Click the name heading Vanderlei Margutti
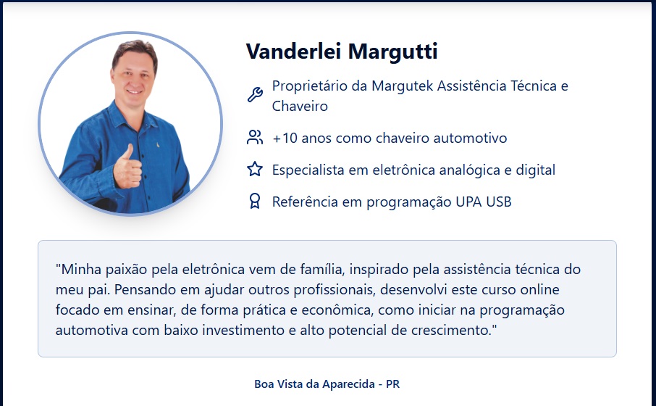[342, 51]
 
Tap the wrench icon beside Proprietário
[255, 95]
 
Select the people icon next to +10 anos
[255, 138]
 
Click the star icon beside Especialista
[255, 169]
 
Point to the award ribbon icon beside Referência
[255, 201]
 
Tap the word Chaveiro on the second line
[300, 107]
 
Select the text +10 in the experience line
[285, 138]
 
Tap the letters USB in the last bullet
[499, 202]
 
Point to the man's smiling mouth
[135, 92]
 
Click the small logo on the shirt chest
[158, 145]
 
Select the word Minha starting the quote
[79, 270]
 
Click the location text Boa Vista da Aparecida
[315, 384]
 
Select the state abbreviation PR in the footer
[393, 384]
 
